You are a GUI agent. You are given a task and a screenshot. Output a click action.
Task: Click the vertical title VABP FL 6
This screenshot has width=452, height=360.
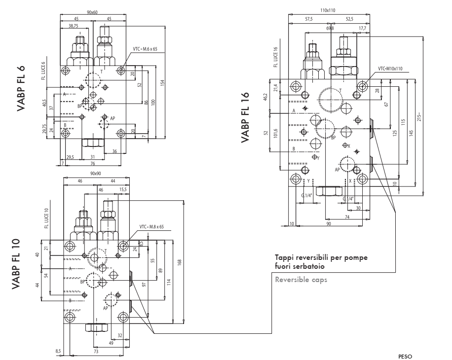[x=21, y=88]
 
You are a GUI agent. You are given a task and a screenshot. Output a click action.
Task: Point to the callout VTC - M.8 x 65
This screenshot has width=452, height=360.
[x=152, y=227]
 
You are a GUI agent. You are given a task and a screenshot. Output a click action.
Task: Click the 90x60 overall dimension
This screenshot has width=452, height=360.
[x=93, y=12]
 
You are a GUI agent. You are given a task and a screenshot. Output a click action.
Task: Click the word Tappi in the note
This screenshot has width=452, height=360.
[x=284, y=258]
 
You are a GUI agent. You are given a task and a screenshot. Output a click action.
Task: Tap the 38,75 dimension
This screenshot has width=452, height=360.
[x=73, y=26]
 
